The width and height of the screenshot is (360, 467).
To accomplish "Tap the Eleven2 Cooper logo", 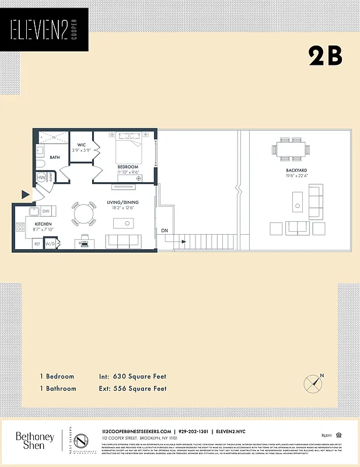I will click(x=44, y=30).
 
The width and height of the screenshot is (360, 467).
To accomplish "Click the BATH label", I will click(x=55, y=158).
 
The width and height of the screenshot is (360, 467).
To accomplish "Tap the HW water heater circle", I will click(x=42, y=178).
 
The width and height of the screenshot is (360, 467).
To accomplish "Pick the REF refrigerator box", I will click(x=37, y=243).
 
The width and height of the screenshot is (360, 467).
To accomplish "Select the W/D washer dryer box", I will click(x=50, y=243).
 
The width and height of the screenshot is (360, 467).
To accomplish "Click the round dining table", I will click(x=84, y=214).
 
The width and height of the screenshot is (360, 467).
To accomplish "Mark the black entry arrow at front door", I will click(x=25, y=194).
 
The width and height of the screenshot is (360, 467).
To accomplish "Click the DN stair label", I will click(x=165, y=231).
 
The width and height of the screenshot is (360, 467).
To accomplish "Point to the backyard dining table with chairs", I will click(x=290, y=151).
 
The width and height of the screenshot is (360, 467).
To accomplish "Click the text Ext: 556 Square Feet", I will click(x=132, y=388).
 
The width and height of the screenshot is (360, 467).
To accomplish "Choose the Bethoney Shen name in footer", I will click(x=34, y=441).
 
